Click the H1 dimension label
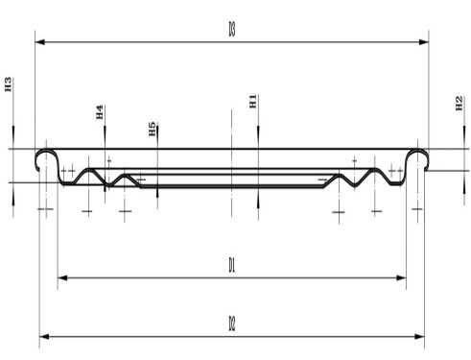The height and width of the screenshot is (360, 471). click(x=253, y=101)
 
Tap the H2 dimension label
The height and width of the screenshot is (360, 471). click(x=459, y=104)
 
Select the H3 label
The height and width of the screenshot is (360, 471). click(x=8, y=84)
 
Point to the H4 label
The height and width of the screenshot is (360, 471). click(x=100, y=111)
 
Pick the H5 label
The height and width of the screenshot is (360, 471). click(x=153, y=129)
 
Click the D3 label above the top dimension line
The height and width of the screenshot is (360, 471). click(x=232, y=29)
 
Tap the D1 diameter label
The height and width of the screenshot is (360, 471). click(x=232, y=265)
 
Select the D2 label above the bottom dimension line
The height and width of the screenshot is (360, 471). click(x=232, y=324)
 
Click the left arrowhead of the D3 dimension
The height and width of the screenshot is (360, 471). click(x=40, y=42)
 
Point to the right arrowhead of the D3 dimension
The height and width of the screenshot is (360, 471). click(x=424, y=42)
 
